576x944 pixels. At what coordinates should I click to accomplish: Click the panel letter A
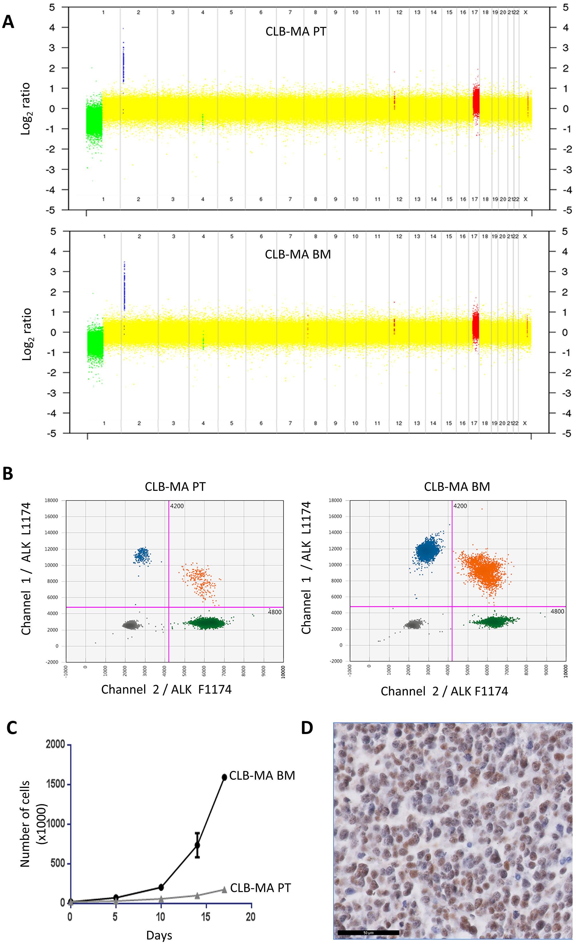[8, 22]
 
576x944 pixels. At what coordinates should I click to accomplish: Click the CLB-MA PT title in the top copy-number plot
[296, 31]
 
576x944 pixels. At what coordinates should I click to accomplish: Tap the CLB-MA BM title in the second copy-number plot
[298, 254]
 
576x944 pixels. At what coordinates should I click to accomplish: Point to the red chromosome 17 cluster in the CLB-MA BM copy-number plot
[475, 326]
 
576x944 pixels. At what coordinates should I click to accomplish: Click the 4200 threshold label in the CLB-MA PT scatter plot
[177, 506]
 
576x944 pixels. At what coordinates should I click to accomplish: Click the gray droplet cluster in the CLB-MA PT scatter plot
[131, 625]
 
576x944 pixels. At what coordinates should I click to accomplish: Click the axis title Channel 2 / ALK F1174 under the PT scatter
[166, 690]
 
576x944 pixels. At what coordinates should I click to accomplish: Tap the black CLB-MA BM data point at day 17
[224, 777]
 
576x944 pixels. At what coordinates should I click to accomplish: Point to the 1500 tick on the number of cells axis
[56, 784]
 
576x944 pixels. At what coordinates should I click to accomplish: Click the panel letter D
[307, 728]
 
